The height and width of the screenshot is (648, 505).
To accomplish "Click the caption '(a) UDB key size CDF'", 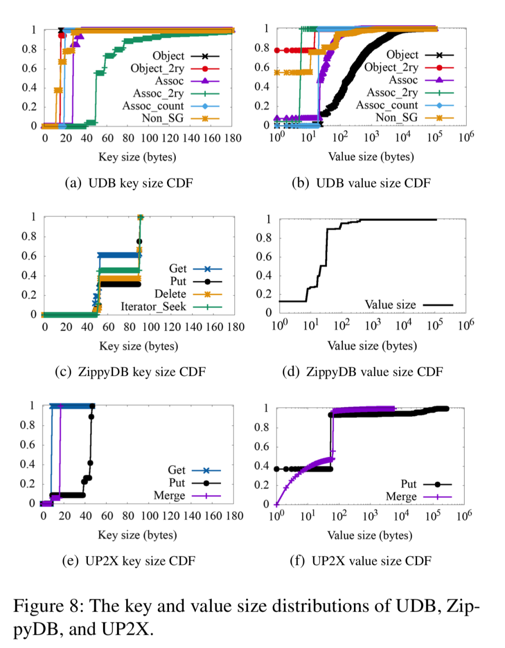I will pos(129,183).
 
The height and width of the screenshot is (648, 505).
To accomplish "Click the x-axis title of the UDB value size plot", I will pos(371,157).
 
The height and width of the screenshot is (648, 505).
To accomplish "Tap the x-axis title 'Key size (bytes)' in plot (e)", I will pos(137,535).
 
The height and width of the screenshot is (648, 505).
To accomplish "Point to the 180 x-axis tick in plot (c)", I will pos(236,327).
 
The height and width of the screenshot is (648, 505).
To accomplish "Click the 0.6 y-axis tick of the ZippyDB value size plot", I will pos(264,257).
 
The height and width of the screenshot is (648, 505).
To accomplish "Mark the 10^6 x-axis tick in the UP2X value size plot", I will pos(464,516).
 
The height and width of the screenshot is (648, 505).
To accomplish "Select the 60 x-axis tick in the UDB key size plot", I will pos(107,138).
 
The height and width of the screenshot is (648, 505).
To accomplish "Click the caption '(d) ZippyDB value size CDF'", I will pos(362,372).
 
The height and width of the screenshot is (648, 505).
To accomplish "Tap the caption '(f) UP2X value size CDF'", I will pos(360,561).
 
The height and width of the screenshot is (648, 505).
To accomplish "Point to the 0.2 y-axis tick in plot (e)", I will pos(27,484).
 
